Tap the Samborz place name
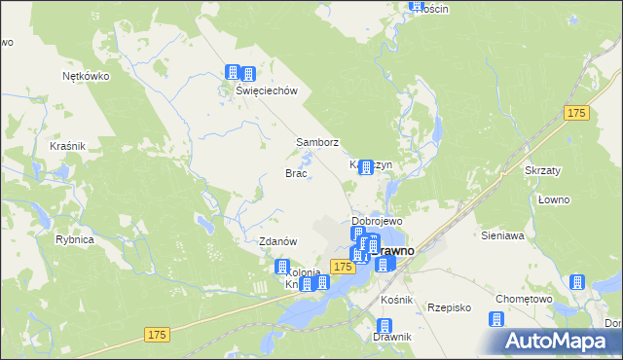coord(317,142)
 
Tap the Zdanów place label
coord(276,241)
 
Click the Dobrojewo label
coord(377,221)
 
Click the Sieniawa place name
coord(502,235)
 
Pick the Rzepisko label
coord(449,307)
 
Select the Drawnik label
coord(392,337)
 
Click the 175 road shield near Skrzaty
coord(576,114)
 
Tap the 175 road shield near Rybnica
coord(159,334)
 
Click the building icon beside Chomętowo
coord(576,282)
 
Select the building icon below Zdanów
coord(282,266)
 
